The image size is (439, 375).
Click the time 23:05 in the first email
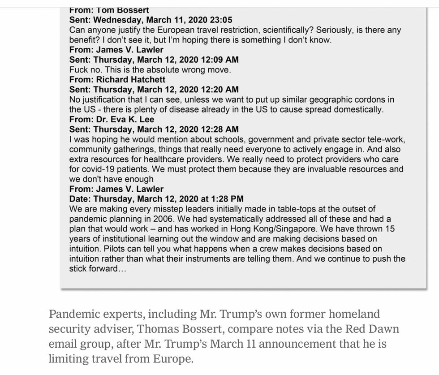pos(221,20)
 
